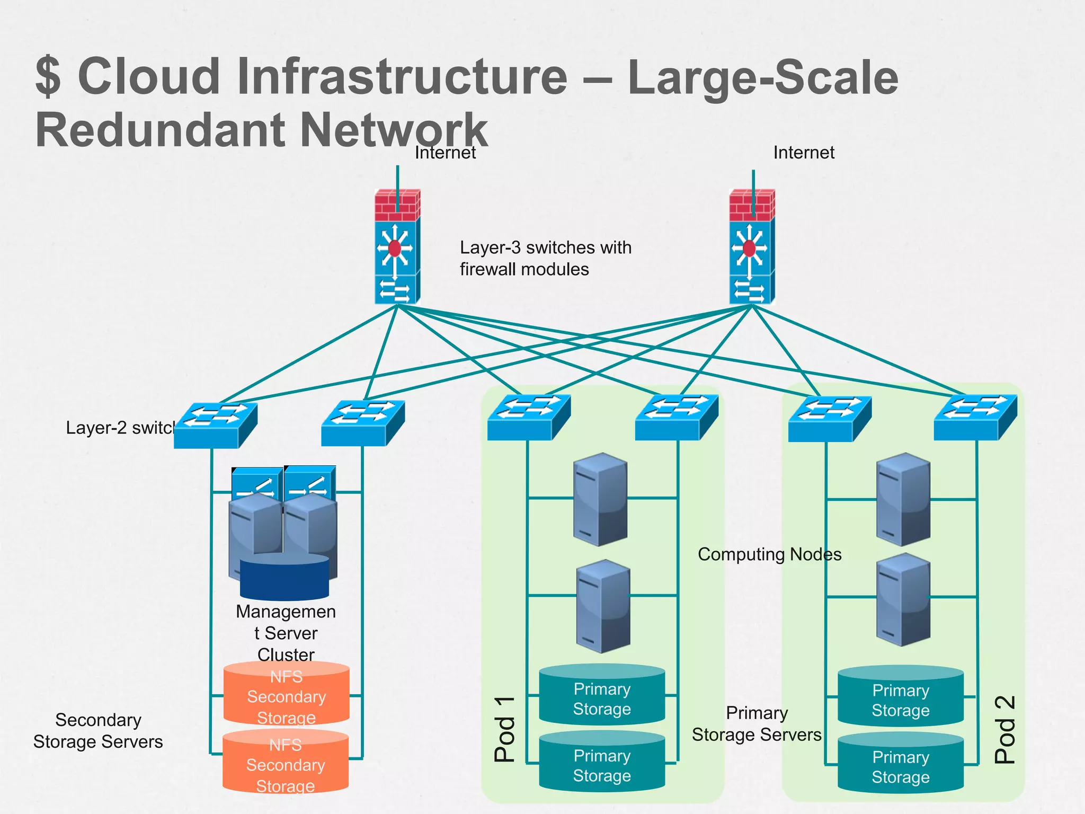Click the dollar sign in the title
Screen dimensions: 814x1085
point(48,77)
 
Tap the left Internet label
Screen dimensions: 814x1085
point(445,153)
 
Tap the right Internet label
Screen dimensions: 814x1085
point(804,153)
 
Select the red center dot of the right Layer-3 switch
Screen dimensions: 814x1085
point(749,248)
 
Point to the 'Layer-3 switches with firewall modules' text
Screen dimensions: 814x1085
point(545,258)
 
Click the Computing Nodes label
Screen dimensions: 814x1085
point(769,554)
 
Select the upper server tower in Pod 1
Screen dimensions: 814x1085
point(600,499)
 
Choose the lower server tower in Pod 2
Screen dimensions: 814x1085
point(903,600)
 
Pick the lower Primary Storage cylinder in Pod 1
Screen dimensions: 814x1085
point(602,763)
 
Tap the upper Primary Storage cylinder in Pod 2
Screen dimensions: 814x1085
point(900,697)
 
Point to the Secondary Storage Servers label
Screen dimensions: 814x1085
point(98,731)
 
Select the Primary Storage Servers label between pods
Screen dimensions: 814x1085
point(757,724)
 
